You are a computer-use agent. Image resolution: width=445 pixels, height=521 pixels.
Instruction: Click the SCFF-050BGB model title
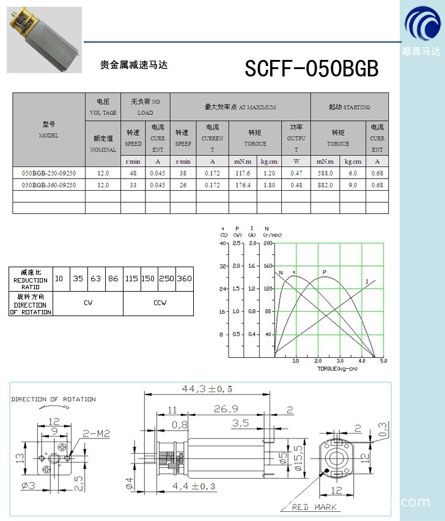point(311,68)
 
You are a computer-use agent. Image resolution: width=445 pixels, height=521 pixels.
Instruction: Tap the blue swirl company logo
point(422,25)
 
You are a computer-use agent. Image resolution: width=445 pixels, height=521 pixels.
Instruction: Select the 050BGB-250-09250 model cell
point(49,173)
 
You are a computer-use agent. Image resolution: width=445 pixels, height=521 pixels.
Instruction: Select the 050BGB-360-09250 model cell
point(49,185)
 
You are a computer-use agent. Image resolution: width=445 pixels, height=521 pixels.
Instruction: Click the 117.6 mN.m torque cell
point(243,173)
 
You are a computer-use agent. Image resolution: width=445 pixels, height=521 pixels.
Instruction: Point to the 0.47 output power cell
point(296,173)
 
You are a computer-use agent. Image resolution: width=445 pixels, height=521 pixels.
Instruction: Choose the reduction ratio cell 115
point(131,278)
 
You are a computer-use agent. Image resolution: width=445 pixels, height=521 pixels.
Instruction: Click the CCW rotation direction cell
point(159,303)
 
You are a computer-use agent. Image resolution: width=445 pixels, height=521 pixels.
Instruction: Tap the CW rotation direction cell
point(88,303)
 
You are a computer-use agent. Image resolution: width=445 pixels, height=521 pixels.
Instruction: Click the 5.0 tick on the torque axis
point(383,361)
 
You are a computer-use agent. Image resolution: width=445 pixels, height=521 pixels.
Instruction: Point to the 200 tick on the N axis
point(267,243)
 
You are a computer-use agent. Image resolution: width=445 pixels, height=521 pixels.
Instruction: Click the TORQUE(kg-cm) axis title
point(337,369)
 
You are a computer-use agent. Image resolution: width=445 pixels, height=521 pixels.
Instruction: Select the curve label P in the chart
point(324,272)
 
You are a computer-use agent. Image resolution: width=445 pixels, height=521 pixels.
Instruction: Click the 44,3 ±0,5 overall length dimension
point(207,388)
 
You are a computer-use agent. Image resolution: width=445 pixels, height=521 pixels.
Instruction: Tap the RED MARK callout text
point(314,507)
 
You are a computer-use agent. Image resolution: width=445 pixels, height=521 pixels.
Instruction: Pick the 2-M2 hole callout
point(95,434)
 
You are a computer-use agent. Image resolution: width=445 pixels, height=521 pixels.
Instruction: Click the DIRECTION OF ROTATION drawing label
point(53,399)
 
